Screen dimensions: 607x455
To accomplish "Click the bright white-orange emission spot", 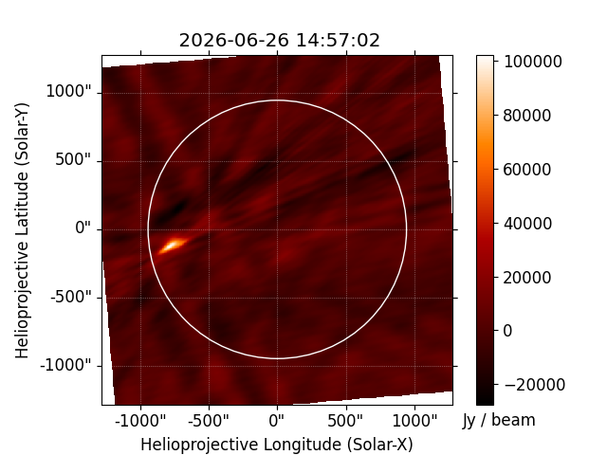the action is click(x=173, y=245).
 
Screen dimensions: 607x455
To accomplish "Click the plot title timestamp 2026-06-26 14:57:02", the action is click(x=279, y=40).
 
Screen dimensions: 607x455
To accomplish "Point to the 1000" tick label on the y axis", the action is click(x=68, y=92).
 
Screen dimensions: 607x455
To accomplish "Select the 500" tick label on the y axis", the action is click(x=73, y=160).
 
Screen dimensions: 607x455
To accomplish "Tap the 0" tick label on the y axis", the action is click(x=83, y=228).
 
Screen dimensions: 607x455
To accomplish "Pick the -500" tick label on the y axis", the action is click(x=71, y=297).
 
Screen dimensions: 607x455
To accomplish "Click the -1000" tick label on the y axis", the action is click(x=65, y=365).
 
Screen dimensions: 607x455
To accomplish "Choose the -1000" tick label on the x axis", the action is click(x=140, y=421).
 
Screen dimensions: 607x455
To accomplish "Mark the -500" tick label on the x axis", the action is click(x=209, y=421).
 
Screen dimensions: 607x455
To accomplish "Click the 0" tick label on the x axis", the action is click(x=277, y=421).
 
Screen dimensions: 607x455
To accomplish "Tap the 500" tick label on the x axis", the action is click(x=345, y=421).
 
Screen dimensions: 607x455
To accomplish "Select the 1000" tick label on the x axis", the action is click(x=414, y=421).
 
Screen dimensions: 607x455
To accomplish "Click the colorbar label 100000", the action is click(x=532, y=62).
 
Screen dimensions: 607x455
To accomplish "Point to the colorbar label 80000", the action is click(x=527, y=116).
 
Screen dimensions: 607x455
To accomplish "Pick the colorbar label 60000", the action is click(x=527, y=170).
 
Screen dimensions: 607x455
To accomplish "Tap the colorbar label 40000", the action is click(x=527, y=224).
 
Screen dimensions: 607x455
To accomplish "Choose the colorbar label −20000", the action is click(x=534, y=385).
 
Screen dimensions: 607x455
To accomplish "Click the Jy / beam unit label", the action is click(x=499, y=421).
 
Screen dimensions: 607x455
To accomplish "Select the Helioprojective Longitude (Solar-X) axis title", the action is click(x=277, y=445).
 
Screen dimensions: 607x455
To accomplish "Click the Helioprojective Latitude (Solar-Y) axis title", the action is click(x=22, y=230).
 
